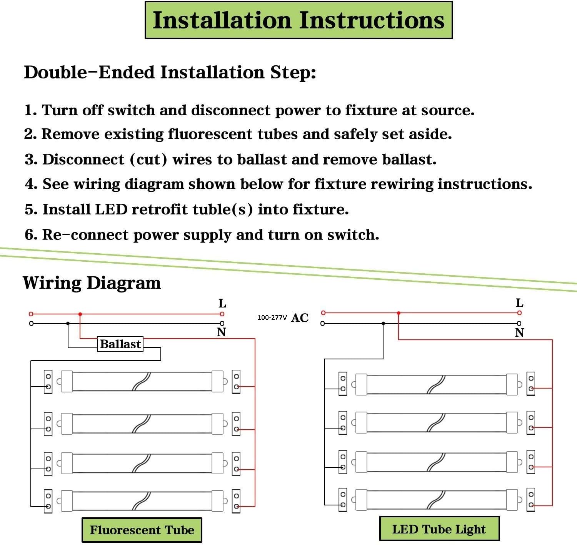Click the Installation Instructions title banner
(299, 20)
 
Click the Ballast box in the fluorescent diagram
(120, 344)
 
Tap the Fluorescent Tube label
(142, 530)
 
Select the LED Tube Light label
(439, 529)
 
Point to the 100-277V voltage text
(272, 317)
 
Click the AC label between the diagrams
(300, 318)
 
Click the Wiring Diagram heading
(92, 283)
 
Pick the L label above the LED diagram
(519, 303)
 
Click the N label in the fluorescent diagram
(222, 332)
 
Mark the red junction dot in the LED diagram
(399, 313)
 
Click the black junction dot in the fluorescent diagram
(68, 324)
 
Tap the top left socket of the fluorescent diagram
(48, 381)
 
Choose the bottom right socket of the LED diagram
(531, 499)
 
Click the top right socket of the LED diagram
(531, 383)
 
